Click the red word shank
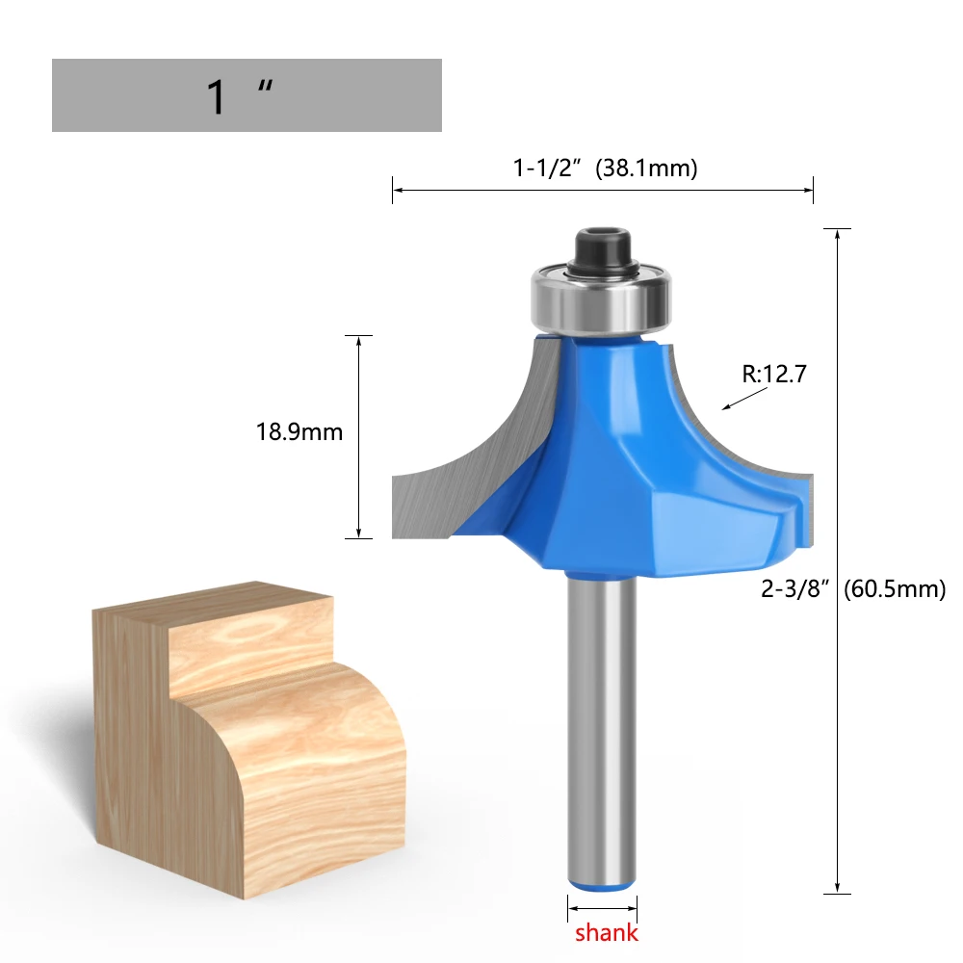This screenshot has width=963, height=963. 606,932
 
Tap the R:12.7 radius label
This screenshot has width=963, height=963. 774,374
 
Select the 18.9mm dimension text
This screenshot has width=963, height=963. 299,431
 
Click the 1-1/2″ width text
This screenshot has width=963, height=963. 547,168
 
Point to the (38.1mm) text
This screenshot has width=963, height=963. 646,168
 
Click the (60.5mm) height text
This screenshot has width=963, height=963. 895,588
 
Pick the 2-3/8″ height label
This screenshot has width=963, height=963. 794,588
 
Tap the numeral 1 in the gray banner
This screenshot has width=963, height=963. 217,97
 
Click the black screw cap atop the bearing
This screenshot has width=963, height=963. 603,251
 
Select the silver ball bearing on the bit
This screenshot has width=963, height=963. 601,299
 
